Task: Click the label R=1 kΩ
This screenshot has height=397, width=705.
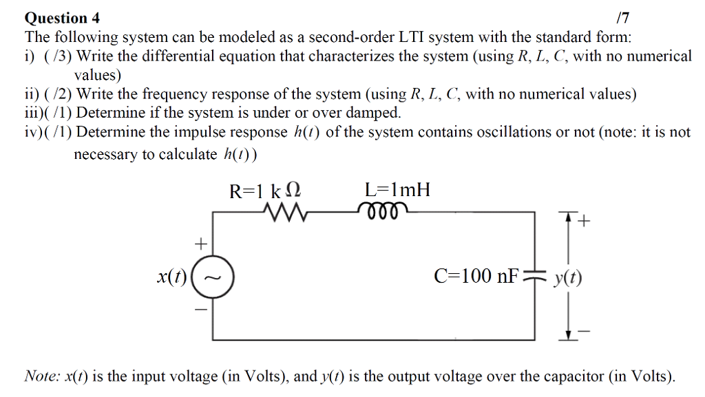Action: (x=266, y=191)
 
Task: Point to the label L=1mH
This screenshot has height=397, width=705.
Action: (x=397, y=190)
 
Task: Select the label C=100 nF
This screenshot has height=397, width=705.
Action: (x=474, y=277)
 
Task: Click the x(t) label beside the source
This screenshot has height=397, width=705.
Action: (x=171, y=277)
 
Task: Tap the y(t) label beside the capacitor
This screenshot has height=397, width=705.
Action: (x=568, y=278)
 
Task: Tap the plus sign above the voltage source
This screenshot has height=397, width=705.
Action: (x=201, y=244)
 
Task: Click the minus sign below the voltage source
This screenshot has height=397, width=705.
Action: (x=201, y=310)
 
